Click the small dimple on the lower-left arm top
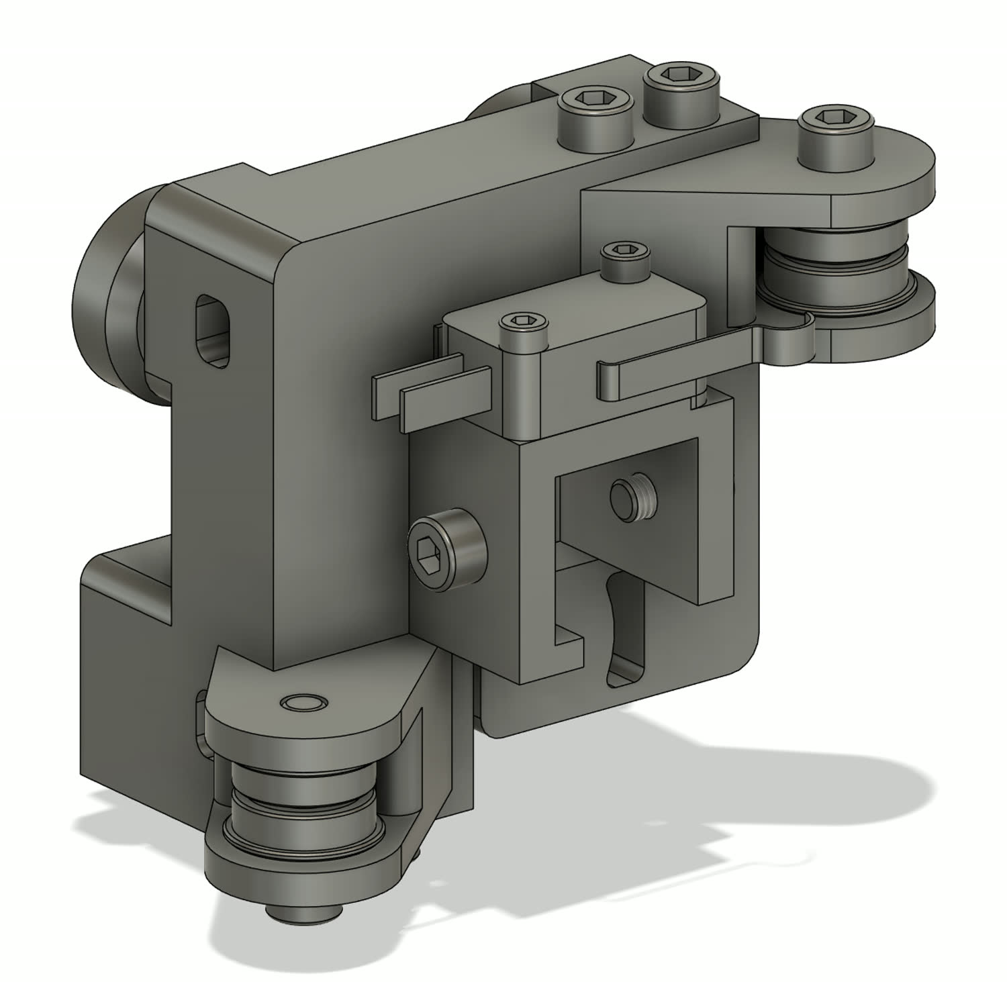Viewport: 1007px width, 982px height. pyautogui.click(x=303, y=703)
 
